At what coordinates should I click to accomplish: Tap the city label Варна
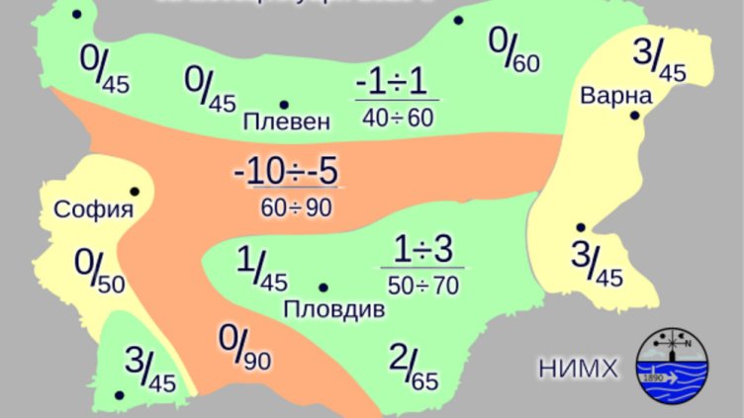(616, 97)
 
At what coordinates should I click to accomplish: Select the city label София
(94, 209)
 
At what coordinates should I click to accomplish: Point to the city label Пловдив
(334, 308)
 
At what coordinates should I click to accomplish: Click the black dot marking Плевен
(284, 104)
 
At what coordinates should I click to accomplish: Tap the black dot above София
(135, 191)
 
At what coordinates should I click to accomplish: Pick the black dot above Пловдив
(323, 287)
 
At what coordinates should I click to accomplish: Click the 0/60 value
(514, 49)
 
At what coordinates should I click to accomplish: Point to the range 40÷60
(398, 119)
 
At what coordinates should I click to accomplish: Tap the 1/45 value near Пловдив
(262, 268)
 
